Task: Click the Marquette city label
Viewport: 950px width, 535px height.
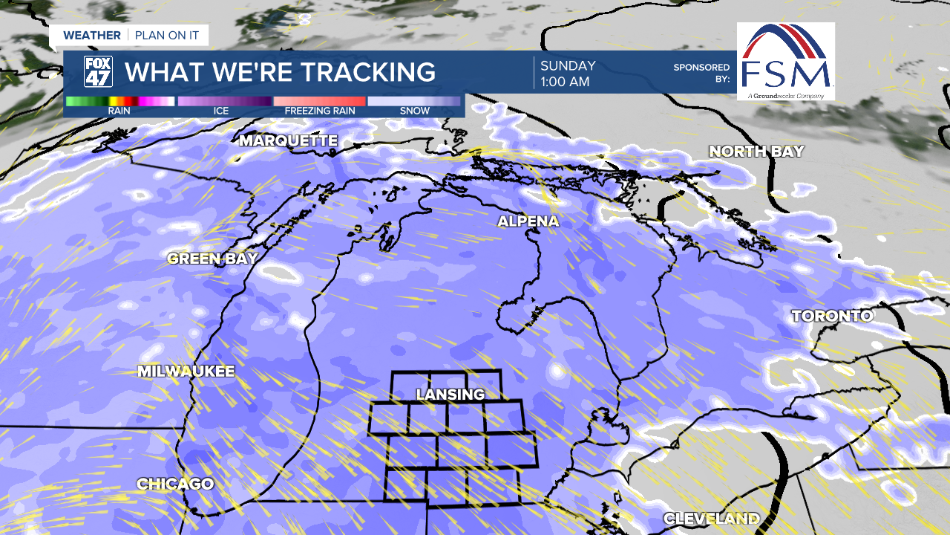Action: tap(289, 140)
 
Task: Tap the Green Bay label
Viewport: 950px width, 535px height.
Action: tap(212, 259)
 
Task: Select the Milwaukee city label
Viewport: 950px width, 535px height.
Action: tap(186, 371)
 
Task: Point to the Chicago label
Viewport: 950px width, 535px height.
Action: tap(175, 484)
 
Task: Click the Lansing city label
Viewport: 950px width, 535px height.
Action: tap(450, 394)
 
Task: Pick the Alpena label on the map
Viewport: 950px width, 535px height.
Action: tap(528, 221)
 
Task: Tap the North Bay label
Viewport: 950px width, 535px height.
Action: tap(756, 151)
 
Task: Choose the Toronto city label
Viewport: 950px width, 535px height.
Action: tap(831, 316)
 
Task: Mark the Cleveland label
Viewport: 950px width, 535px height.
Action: tap(711, 518)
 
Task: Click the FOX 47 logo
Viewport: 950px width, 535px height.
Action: tap(98, 72)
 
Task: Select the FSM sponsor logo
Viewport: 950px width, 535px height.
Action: tap(786, 61)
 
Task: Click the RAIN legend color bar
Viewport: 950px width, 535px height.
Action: tap(120, 101)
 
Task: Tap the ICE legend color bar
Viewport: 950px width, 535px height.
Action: tap(224, 101)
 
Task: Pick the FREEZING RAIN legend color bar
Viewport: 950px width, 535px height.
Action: tap(319, 101)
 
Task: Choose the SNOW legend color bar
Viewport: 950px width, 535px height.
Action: tap(414, 101)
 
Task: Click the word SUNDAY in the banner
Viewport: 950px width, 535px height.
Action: tap(568, 65)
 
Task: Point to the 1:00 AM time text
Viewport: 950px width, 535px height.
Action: tap(565, 82)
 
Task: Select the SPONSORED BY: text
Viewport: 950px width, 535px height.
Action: tap(701, 72)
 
